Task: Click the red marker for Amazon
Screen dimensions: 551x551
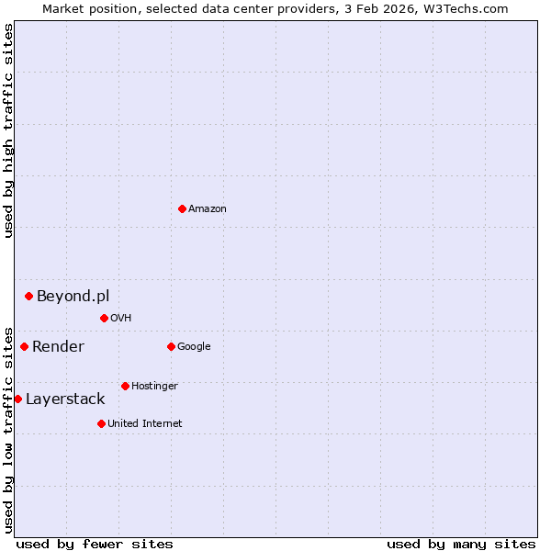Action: click(x=182, y=208)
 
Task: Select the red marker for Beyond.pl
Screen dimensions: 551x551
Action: click(x=28, y=296)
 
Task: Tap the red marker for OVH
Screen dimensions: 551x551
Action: click(x=104, y=318)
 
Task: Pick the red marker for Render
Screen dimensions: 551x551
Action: click(x=24, y=346)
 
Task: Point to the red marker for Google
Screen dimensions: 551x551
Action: click(x=171, y=346)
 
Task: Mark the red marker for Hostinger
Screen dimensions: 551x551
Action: click(x=125, y=386)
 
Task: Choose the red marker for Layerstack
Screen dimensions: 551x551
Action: click(x=17, y=399)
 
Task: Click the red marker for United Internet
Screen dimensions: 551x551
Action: click(x=101, y=423)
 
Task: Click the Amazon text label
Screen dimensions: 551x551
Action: click(x=208, y=208)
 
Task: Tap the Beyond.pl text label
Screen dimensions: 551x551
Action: click(x=73, y=296)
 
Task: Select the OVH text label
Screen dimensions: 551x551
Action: click(x=121, y=318)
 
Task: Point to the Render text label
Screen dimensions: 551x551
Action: click(x=58, y=346)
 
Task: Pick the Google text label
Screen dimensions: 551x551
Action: click(x=194, y=346)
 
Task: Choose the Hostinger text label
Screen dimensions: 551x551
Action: click(x=154, y=386)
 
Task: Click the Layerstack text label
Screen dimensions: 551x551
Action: click(x=65, y=399)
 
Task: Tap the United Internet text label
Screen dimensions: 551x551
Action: click(x=145, y=423)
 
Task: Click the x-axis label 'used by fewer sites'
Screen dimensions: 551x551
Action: click(x=95, y=544)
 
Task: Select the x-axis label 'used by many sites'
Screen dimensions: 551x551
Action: click(x=461, y=544)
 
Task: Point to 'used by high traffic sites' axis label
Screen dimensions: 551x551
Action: click(x=8, y=130)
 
